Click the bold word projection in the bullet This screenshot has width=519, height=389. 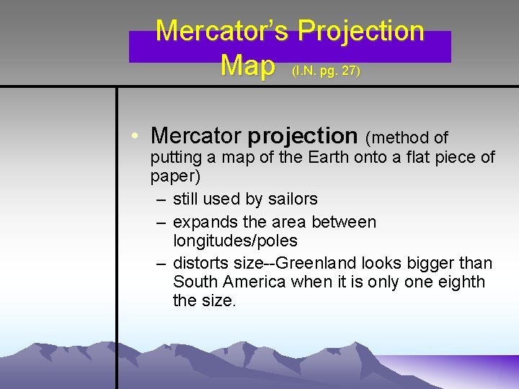pos(303,135)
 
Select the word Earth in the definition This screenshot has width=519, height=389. pos(330,157)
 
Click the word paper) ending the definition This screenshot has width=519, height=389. pos(175,176)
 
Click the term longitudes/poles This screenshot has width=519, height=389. pos(235,240)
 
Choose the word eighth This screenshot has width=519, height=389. pos(459,282)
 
